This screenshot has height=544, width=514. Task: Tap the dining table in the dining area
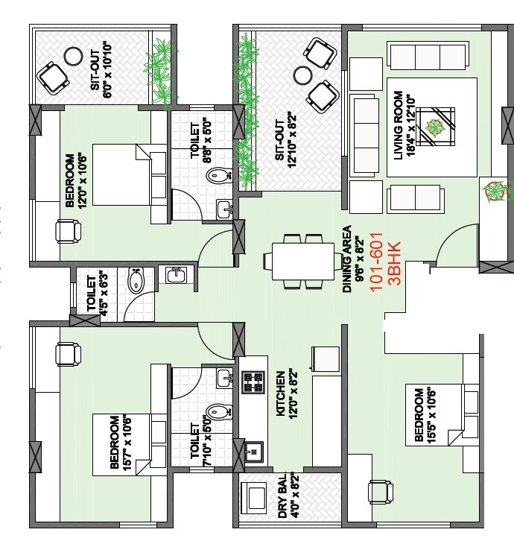(x=299, y=262)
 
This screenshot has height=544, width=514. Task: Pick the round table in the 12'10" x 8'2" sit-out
(x=302, y=75)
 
